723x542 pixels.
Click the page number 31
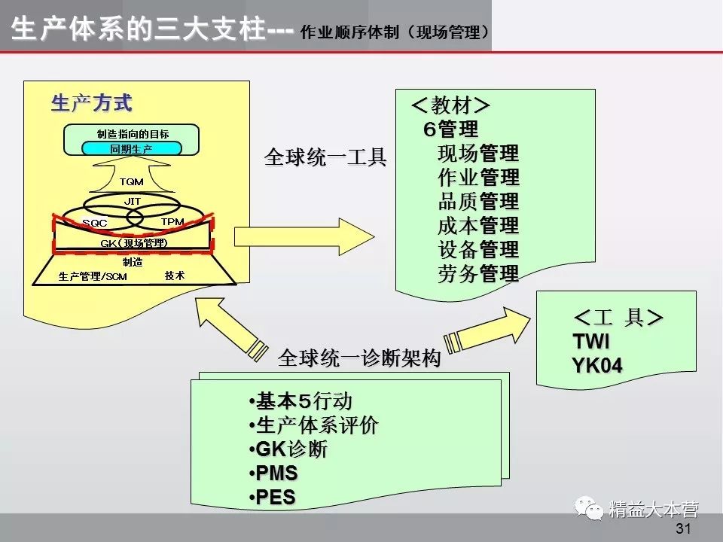(683, 528)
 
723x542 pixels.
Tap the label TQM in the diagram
(131, 181)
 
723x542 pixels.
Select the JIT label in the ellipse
(133, 202)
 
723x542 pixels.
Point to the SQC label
(96, 223)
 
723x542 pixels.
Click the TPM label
(172, 222)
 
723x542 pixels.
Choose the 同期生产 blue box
(132, 149)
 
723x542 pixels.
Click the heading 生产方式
(91, 102)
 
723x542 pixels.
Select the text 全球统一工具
(325, 157)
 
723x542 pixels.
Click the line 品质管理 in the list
(478, 202)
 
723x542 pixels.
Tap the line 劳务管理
(478, 274)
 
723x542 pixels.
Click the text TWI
(591, 342)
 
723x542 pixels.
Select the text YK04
(597, 367)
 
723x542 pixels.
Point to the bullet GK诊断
(291, 449)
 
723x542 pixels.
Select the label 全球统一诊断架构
(359, 358)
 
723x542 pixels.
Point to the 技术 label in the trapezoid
(175, 276)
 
